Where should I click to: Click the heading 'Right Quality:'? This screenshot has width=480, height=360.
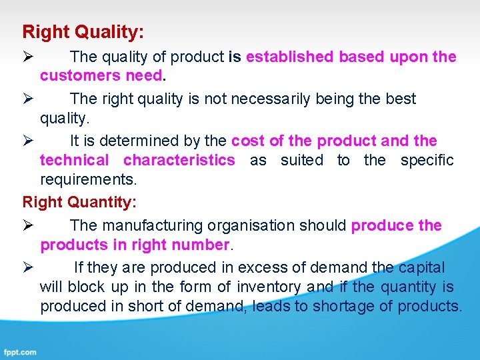83,31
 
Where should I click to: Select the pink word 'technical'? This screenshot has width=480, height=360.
74,160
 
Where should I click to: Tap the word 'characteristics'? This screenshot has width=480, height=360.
179,160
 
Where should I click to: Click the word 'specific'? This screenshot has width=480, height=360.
427,160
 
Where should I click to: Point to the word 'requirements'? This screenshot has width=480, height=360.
87,180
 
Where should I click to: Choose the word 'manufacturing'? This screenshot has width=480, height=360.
150,226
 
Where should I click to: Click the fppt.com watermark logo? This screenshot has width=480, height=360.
20,351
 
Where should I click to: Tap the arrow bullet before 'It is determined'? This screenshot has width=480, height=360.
28,141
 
